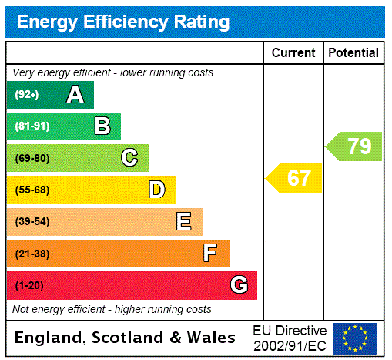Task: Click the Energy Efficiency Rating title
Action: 123,22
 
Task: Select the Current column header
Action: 293,53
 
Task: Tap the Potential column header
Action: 353,53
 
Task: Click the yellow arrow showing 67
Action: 296,178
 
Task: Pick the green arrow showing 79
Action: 355,146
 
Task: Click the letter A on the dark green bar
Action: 75,95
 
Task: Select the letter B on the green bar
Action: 102,126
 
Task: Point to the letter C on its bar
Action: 129,158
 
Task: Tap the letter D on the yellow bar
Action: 156,190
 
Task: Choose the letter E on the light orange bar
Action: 184,222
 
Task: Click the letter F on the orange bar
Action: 210,254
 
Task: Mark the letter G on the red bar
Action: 239,285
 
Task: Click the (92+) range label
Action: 27,96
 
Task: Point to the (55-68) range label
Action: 32,190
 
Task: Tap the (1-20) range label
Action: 29,286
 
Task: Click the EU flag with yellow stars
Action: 355,338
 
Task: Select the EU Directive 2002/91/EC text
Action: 290,338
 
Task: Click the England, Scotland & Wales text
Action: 126,338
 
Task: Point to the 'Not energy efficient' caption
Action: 112,309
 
